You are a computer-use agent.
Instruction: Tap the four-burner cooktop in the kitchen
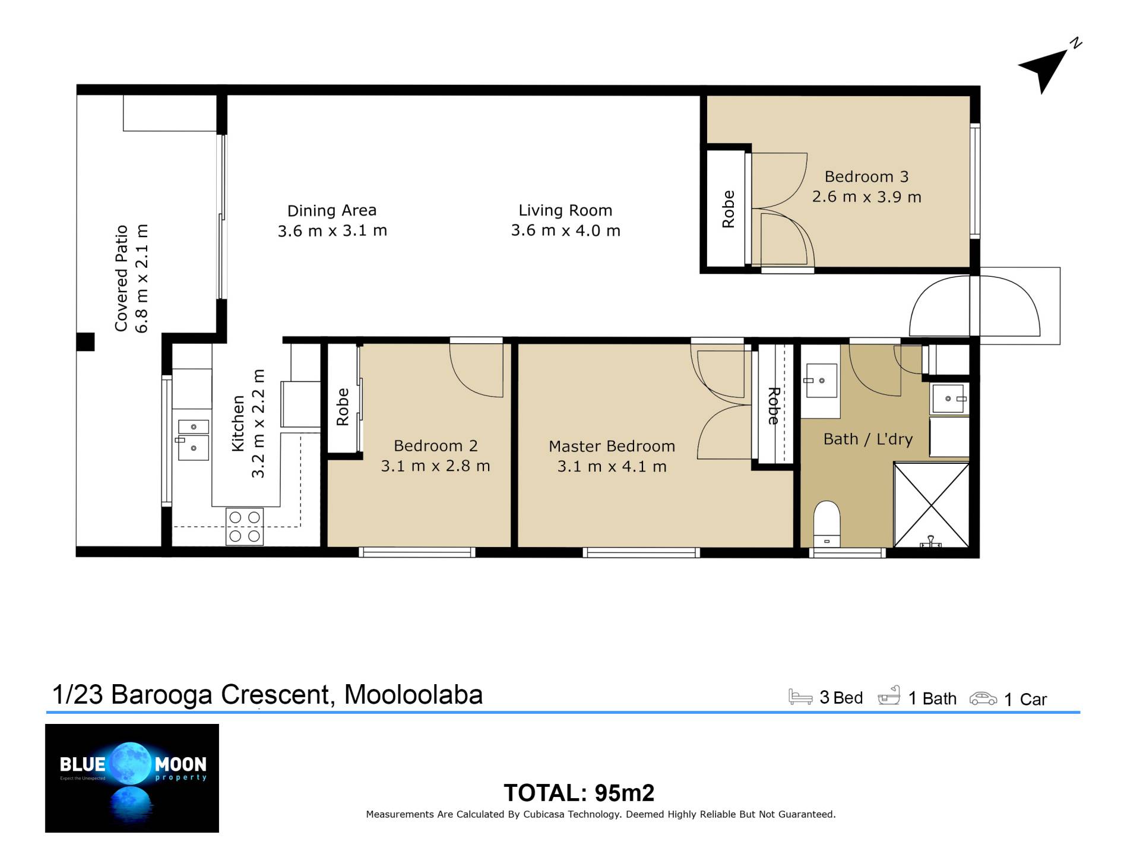coord(245,526)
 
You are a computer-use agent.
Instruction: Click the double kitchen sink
coord(192,440)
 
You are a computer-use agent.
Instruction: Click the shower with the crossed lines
coord(931,505)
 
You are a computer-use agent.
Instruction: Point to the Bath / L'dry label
coord(867,439)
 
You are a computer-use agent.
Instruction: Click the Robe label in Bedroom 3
coord(728,209)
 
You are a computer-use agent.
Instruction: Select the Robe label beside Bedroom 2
coord(343,407)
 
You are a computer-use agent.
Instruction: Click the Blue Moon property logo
coord(132,778)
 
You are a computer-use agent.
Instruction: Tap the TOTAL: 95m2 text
coord(579,793)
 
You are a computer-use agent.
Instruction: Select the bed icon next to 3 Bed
coord(800,697)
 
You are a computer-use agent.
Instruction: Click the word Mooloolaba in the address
coord(413,694)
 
